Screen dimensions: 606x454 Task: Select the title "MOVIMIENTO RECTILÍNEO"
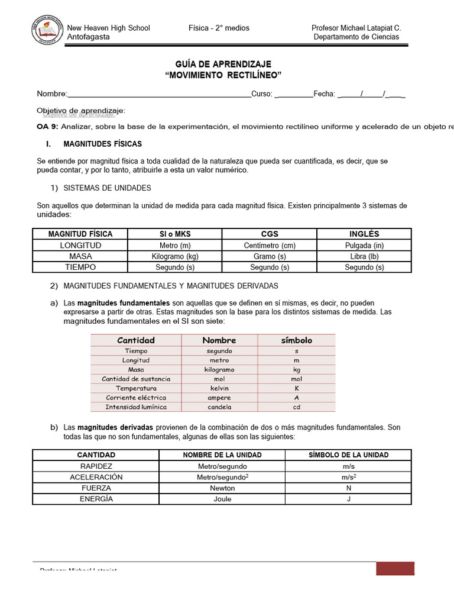tap(223, 75)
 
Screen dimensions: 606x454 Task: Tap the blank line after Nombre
tap(160, 94)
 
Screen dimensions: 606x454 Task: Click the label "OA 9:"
tap(47, 127)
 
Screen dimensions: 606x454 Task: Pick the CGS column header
tap(269, 234)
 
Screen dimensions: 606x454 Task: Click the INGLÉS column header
tap(364, 234)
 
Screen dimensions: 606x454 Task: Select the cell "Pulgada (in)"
tap(364, 245)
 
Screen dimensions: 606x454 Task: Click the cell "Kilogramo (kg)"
tap(175, 256)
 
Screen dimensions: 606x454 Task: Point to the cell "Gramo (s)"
tap(269, 256)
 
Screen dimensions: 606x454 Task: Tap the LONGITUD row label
tap(80, 245)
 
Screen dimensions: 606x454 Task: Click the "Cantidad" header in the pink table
tap(136, 340)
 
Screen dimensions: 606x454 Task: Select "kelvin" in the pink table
tap(219, 388)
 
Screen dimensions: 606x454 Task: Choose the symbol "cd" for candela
tap(296, 407)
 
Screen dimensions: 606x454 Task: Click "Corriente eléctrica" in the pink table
tap(136, 398)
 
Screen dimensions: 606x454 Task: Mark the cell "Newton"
tap(222, 488)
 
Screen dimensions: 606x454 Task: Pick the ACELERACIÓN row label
tap(96, 477)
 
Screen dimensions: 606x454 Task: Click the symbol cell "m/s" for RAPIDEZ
tap(348, 466)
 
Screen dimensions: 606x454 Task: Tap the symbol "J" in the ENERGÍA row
tap(348, 499)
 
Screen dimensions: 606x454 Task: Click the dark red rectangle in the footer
tap(395, 568)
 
